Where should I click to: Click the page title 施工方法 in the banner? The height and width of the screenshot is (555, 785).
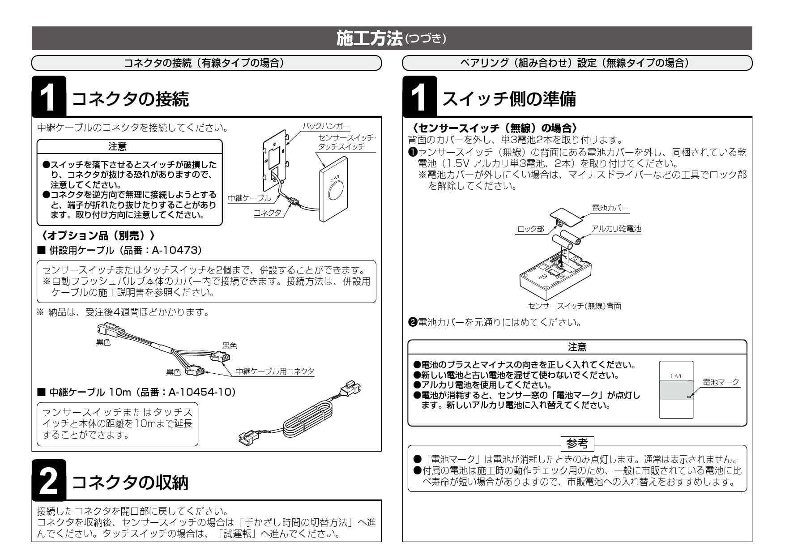click(370, 38)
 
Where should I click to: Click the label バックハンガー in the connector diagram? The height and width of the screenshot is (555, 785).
click(326, 126)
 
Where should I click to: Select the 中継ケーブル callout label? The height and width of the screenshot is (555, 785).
click(249, 198)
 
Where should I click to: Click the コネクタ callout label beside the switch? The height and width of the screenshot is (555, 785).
click(267, 213)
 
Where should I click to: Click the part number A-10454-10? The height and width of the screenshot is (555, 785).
click(201, 392)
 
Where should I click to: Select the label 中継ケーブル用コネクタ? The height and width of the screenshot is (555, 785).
click(275, 371)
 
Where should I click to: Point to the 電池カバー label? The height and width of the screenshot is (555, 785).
click(610, 208)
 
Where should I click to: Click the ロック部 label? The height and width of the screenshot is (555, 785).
click(530, 229)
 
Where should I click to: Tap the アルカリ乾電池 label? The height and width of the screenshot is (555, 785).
click(616, 229)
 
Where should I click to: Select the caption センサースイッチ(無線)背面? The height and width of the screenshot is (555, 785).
click(575, 306)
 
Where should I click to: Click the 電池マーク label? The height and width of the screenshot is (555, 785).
click(721, 382)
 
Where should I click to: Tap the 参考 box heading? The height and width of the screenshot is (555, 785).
click(577, 444)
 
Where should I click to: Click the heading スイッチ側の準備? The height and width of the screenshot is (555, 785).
click(509, 99)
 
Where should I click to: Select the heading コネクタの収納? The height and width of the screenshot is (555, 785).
click(130, 483)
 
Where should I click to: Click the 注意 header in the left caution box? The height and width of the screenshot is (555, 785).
click(117, 146)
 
